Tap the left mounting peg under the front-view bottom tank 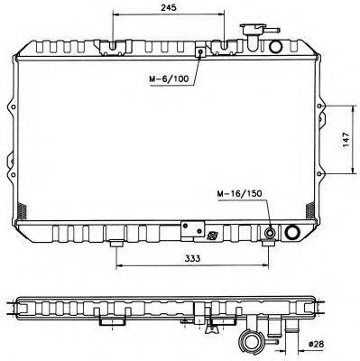(x=116, y=244)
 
